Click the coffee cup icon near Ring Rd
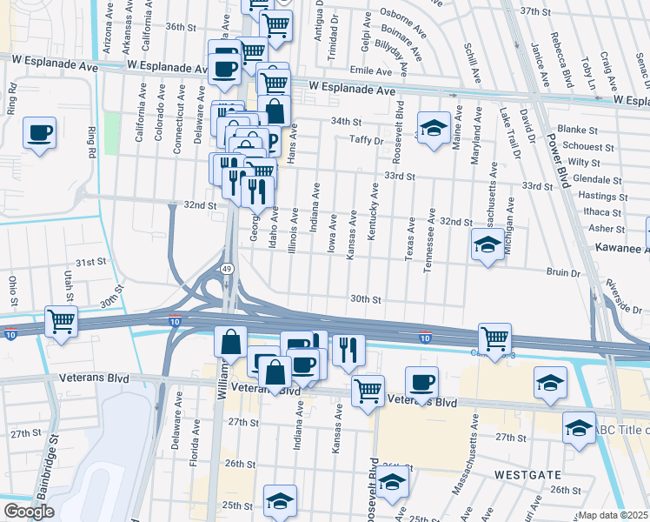[x=40, y=133]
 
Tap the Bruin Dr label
[x=563, y=272]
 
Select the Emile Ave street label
[x=367, y=70]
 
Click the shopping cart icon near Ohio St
[x=62, y=321]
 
